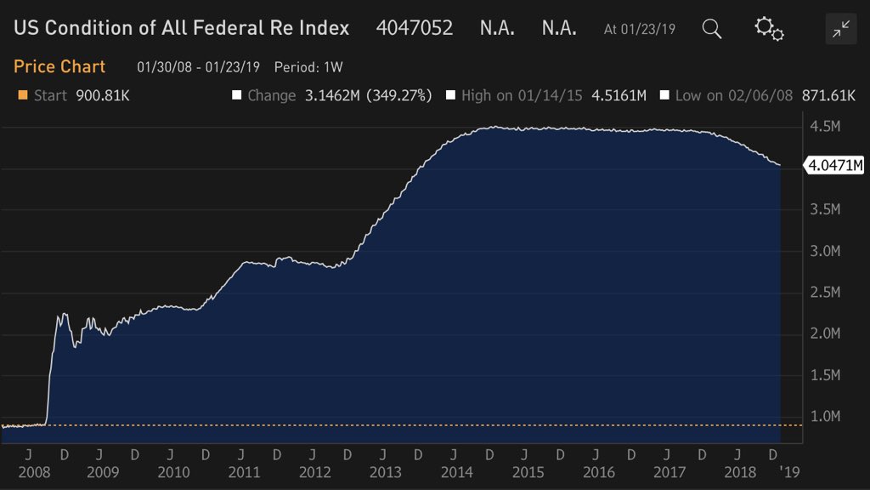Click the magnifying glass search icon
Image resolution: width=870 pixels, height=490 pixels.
[x=712, y=29]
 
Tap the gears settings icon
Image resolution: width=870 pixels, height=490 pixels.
[x=769, y=29]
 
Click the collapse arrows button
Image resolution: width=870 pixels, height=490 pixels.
[x=841, y=30]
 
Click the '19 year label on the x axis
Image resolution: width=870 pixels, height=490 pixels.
[x=791, y=471]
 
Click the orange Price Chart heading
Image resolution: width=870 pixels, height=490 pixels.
[x=59, y=66]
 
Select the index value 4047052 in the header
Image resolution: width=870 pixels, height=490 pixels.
[x=415, y=28]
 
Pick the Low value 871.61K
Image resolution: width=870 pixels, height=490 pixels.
[x=826, y=96]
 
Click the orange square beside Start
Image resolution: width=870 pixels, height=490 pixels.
[x=24, y=95]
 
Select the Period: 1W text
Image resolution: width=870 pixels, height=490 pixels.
[x=308, y=66]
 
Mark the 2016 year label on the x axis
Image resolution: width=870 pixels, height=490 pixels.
[x=599, y=471]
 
